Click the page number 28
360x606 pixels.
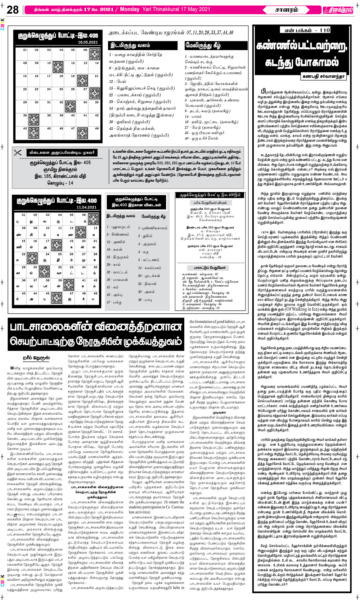click(x=13, y=10)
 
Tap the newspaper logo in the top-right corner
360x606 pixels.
click(x=337, y=10)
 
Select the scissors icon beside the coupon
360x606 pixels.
click(x=18, y=153)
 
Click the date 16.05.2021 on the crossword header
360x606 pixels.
click(x=88, y=42)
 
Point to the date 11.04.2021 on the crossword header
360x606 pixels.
click(x=86, y=207)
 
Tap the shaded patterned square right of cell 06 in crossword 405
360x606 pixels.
click(x=95, y=54)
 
